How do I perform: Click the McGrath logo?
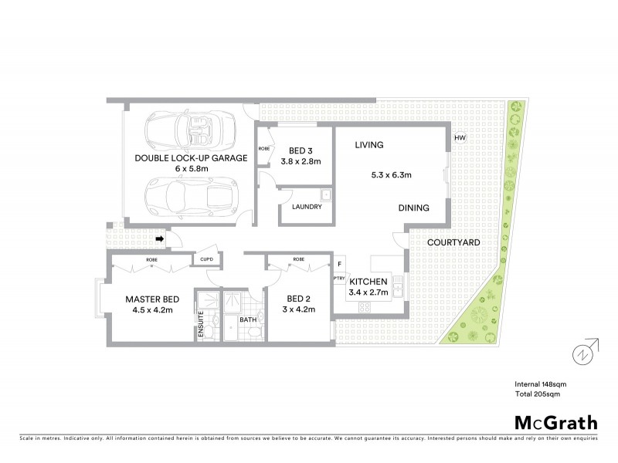click(555, 422)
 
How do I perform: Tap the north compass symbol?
click(585, 353)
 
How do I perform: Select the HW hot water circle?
click(460, 138)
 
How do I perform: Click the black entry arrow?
click(159, 239)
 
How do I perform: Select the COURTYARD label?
click(454, 242)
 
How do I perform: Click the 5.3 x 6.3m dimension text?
click(390, 174)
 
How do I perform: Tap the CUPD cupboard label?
click(206, 259)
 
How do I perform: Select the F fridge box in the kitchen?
click(339, 264)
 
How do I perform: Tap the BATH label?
click(247, 319)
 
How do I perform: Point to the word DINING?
click(415, 208)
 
